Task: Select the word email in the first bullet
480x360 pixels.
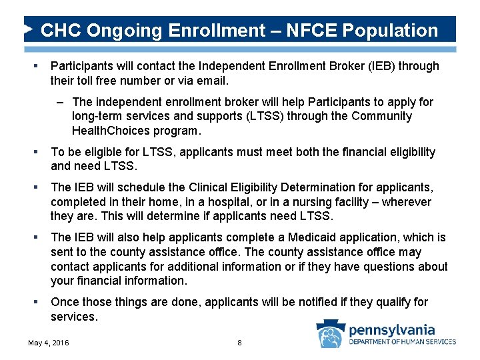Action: point(211,81)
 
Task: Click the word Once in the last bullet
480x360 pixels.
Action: point(65,302)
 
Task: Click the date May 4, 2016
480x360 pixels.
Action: point(48,343)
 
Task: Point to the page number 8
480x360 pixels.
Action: point(239,343)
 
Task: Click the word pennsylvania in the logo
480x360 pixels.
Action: point(392,329)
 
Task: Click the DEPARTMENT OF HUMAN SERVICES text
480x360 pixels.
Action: point(403,342)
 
